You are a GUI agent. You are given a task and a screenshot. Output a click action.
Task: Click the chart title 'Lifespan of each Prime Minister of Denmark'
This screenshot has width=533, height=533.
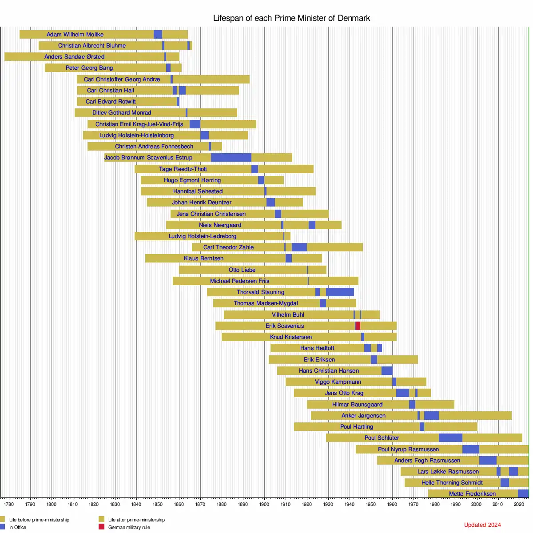point(291,18)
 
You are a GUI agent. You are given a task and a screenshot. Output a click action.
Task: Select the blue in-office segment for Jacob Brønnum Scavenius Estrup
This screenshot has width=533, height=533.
point(231,158)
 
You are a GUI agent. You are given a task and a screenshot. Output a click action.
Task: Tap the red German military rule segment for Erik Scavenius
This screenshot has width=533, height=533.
point(358,326)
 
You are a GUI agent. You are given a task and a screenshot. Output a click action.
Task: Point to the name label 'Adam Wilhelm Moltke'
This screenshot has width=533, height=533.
point(75,35)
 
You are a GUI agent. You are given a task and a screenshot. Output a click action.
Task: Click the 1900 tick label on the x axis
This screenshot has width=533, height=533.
point(264,504)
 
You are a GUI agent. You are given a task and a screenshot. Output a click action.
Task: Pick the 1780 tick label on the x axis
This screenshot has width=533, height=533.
point(8,504)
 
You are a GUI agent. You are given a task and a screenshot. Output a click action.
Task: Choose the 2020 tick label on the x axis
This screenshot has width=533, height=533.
point(519,504)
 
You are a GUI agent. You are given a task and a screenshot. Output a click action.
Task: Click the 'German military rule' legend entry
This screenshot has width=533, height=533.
point(129,527)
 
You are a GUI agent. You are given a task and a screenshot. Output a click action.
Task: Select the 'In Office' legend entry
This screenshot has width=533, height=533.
point(17,527)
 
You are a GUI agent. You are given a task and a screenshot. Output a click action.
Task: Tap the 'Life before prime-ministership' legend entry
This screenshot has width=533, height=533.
point(39,520)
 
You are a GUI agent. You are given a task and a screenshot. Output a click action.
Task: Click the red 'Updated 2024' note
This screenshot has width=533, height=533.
point(482,525)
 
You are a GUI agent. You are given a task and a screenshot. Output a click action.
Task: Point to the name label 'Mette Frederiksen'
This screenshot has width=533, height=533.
point(472,494)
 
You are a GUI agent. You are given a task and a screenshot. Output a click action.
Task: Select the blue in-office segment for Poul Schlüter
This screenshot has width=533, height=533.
point(450,438)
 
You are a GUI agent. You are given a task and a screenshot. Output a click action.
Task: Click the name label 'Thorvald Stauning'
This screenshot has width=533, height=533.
point(260,292)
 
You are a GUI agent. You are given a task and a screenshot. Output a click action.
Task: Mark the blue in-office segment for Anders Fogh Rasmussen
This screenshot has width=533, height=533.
point(488,461)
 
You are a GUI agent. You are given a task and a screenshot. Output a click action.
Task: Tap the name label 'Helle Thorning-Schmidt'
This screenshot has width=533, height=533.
point(452,483)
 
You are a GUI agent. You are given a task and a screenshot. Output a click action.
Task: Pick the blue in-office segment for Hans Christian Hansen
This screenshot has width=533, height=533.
point(386,371)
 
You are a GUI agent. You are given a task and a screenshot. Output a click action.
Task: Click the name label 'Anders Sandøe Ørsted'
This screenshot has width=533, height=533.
point(75,57)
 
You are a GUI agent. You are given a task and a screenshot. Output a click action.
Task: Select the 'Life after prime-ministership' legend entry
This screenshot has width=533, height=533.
point(136,520)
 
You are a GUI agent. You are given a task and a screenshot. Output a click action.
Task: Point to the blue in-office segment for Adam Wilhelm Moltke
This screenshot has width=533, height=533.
point(158,35)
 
